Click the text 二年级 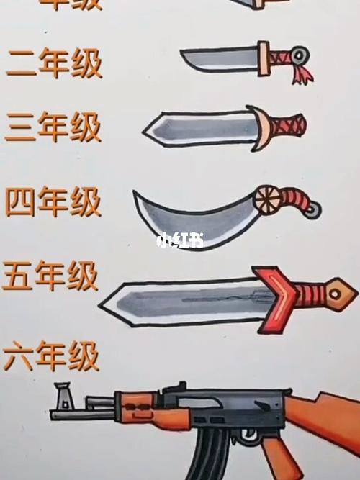[54, 63]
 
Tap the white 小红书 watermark [179, 240]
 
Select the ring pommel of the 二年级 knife [300, 53]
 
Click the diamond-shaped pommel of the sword [337, 294]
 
